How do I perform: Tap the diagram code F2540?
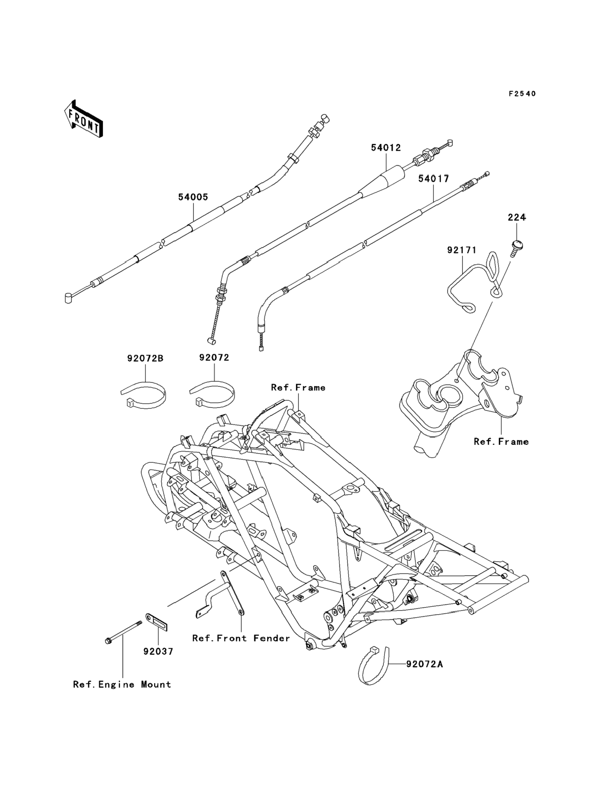(x=522, y=94)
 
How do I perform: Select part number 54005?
(x=193, y=197)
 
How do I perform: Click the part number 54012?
(x=386, y=148)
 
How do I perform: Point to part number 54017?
(x=434, y=179)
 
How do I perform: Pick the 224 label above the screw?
(x=517, y=217)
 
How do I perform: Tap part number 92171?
(x=462, y=250)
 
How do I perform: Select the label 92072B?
(x=145, y=358)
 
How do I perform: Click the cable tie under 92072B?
(x=143, y=395)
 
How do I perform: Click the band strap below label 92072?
(x=212, y=395)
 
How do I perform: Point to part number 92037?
(x=158, y=651)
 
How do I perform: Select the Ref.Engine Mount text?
(x=122, y=684)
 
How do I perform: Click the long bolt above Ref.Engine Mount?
(x=123, y=631)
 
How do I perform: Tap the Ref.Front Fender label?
(x=241, y=638)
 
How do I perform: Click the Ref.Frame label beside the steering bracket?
(x=501, y=442)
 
